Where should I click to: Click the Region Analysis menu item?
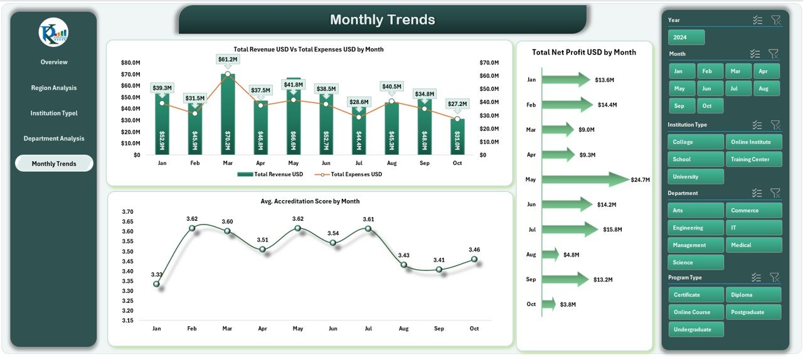(x=54, y=88)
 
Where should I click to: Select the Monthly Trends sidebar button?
(x=54, y=164)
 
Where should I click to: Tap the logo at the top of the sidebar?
(x=53, y=33)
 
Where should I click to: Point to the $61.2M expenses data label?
(x=228, y=59)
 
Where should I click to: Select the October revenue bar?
(x=457, y=137)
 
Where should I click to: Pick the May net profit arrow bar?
(x=583, y=180)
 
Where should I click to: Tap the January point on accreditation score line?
(x=156, y=284)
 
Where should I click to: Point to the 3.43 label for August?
(x=403, y=255)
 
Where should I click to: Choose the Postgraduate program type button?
(x=753, y=312)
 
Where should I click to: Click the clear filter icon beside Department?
(x=775, y=193)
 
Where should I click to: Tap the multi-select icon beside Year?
(x=757, y=20)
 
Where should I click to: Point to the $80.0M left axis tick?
(x=130, y=63)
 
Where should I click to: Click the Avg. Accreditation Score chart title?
(x=310, y=201)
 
